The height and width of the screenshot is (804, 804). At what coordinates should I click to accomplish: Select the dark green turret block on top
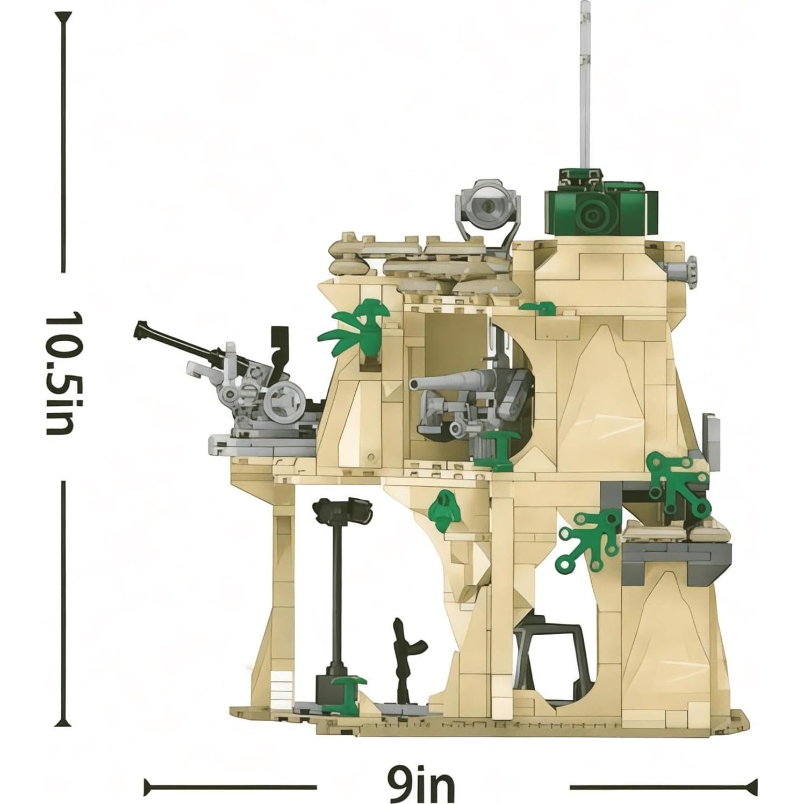[601, 209]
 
